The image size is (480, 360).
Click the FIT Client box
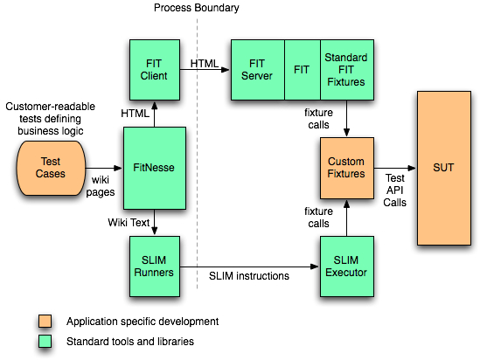click(155, 69)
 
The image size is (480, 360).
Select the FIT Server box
click(257, 69)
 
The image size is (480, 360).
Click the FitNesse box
click(155, 168)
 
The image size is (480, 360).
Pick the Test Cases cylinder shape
click(50, 168)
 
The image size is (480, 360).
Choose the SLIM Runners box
click(155, 265)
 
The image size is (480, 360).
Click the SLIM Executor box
click(345, 265)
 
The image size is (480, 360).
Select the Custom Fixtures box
click(345, 168)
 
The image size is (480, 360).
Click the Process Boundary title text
click(196, 8)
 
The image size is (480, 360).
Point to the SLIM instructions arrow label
click(249, 277)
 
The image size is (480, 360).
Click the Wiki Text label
click(129, 222)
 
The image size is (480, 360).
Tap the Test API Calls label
click(394, 189)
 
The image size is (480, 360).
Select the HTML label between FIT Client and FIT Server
click(204, 62)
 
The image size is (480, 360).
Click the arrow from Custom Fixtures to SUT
click(394, 168)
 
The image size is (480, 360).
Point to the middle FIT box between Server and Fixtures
click(303, 69)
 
